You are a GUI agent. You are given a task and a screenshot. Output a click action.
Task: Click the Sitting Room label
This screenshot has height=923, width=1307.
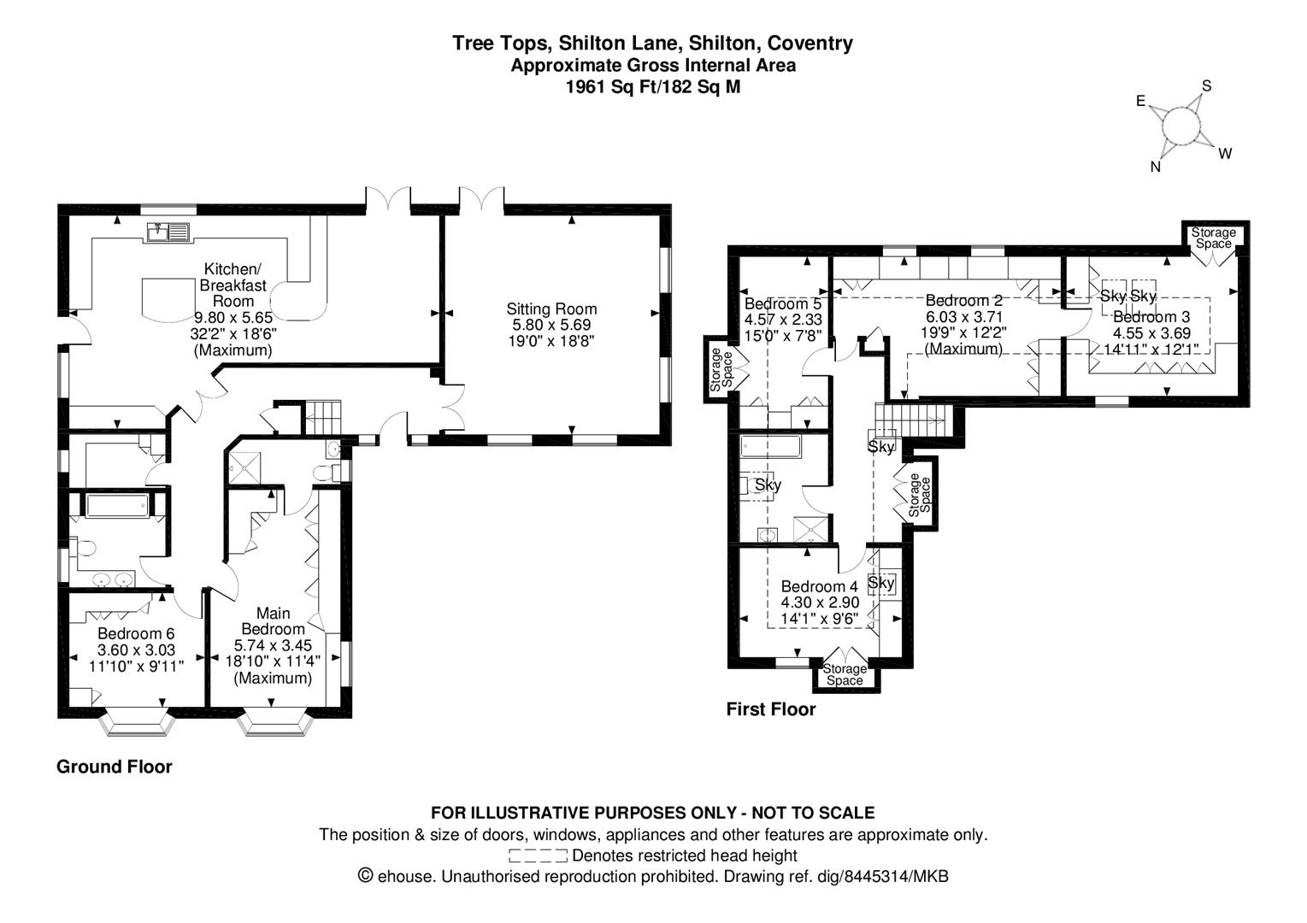(551, 309)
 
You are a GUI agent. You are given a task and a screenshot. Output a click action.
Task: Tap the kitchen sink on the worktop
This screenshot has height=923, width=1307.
(168, 232)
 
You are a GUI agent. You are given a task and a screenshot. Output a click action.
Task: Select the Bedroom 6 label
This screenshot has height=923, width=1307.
(136, 633)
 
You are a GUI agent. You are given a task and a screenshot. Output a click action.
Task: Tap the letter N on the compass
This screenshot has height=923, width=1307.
(1156, 168)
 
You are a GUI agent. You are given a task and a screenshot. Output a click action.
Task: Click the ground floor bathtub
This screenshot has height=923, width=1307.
(118, 504)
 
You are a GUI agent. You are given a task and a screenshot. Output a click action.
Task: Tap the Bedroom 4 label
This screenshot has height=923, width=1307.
(819, 586)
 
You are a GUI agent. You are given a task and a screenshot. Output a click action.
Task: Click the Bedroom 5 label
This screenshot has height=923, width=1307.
(782, 303)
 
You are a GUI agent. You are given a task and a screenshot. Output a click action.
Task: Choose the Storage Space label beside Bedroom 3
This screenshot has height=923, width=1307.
(1214, 238)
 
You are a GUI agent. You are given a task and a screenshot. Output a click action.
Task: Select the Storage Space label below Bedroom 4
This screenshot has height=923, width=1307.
(845, 674)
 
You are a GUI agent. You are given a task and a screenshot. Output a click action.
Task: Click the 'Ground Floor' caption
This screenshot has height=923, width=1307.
(115, 767)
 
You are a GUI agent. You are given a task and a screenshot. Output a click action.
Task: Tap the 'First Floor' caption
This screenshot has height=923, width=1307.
(771, 709)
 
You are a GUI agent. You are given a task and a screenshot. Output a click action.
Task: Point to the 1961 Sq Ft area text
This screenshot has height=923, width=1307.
(652, 86)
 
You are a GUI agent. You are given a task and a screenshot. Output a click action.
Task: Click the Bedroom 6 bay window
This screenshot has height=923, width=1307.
(137, 725)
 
